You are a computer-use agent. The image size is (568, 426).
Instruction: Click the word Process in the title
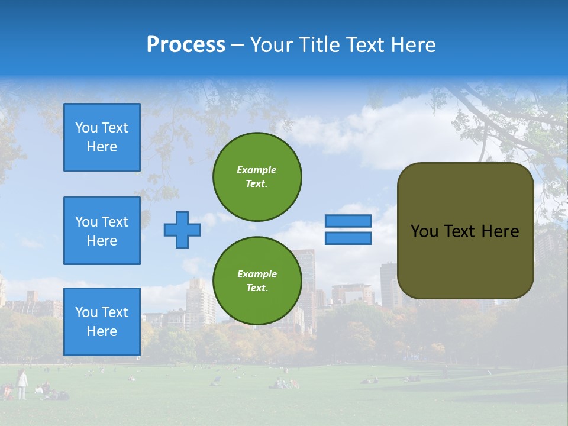click(x=186, y=45)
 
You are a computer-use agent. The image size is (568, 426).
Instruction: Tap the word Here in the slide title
click(x=414, y=45)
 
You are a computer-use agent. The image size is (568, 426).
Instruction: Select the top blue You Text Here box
click(x=102, y=137)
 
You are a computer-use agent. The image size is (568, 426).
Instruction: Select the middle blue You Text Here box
click(x=102, y=231)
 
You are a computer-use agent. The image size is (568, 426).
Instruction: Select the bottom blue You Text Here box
click(x=102, y=322)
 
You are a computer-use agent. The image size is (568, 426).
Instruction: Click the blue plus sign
click(x=182, y=230)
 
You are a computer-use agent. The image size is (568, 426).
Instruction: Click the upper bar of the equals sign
click(x=348, y=221)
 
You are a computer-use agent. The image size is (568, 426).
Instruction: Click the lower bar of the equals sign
click(x=348, y=238)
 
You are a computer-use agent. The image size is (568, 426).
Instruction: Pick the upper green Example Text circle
click(x=257, y=176)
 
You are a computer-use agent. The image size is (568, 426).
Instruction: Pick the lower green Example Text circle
click(x=257, y=280)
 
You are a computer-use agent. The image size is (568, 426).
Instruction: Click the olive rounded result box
click(x=465, y=260)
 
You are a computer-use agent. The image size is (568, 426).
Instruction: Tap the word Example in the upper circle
click(x=257, y=170)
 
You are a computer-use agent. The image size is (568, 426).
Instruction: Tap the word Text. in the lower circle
click(x=257, y=288)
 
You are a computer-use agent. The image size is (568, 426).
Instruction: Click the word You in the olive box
click(x=424, y=231)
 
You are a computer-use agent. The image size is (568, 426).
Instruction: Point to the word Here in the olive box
click(x=500, y=231)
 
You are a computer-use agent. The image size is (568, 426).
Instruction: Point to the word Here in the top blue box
click(x=102, y=147)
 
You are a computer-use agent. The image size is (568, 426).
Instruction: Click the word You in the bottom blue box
click(x=86, y=312)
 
